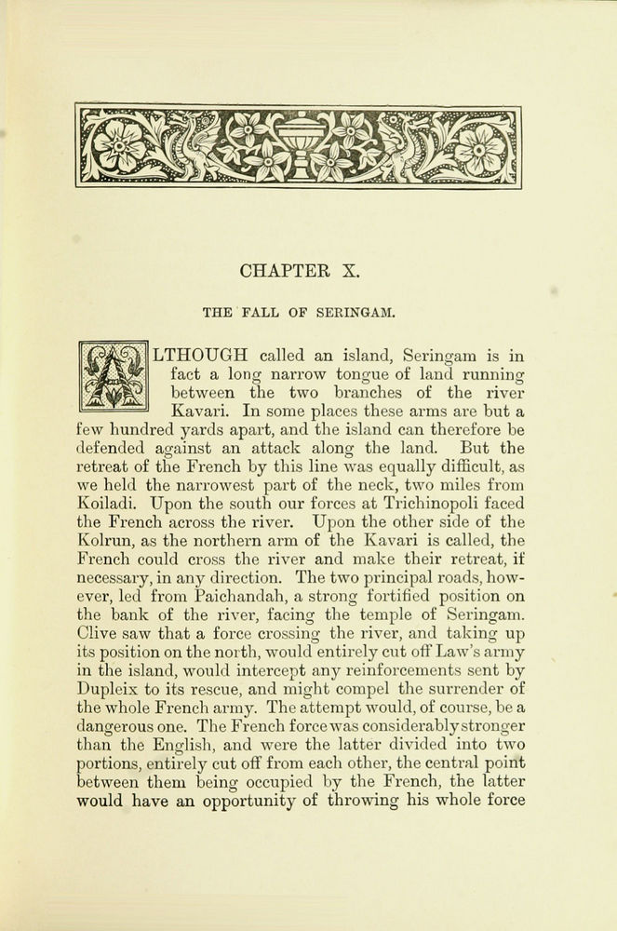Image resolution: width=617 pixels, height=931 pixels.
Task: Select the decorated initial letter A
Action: tap(113, 374)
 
